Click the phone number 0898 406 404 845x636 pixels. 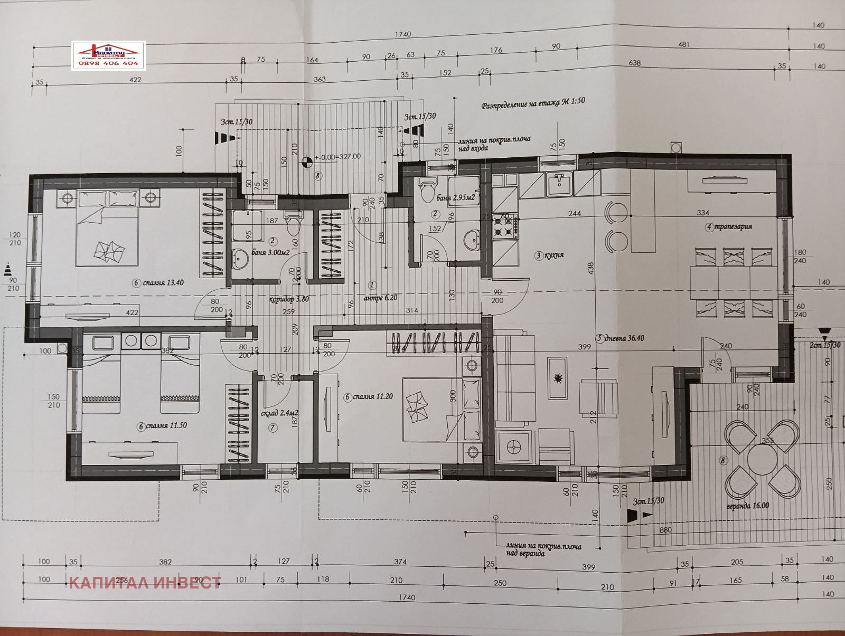click(x=108, y=63)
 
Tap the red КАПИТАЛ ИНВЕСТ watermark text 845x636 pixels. click(x=145, y=583)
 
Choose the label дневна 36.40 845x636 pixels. click(x=620, y=338)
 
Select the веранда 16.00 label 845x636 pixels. click(x=747, y=506)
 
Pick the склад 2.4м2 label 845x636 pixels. click(x=280, y=413)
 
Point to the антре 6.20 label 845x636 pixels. click(x=380, y=298)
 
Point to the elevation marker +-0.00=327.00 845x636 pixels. click(x=337, y=157)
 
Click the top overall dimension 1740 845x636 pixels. click(x=402, y=34)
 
